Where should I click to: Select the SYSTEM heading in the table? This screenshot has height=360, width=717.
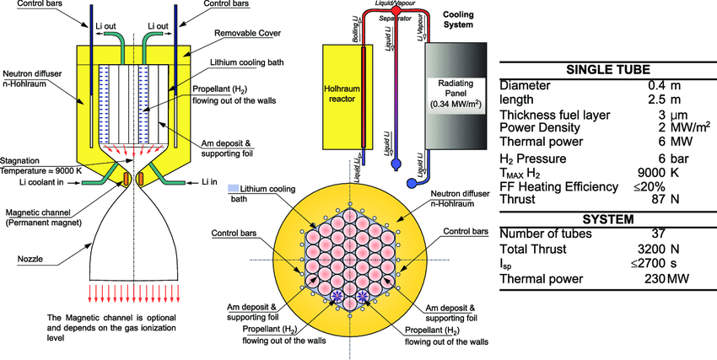[x=606, y=219]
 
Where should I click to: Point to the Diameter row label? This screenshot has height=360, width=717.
[x=525, y=85]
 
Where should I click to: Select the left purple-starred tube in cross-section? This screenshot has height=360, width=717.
[x=337, y=296]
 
